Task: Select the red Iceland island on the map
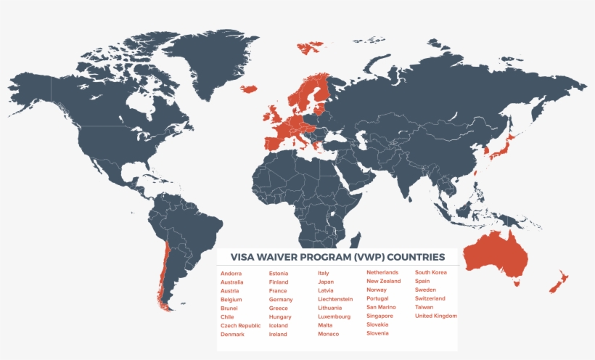pyautogui.click(x=249, y=89)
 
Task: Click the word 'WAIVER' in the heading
pyautogui.click(x=288, y=257)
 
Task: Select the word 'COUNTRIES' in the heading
pyautogui.click(x=416, y=257)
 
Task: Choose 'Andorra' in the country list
pyautogui.click(x=231, y=273)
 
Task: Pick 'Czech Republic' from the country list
pyautogui.click(x=240, y=326)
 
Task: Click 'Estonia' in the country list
pyautogui.click(x=278, y=273)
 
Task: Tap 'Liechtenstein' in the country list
pyautogui.click(x=335, y=299)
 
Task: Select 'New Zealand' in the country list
pyautogui.click(x=383, y=281)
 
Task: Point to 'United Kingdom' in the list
pyautogui.click(x=435, y=316)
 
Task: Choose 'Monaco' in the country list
pyautogui.click(x=328, y=334)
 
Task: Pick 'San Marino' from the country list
pyautogui.click(x=381, y=307)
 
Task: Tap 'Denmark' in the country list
pyautogui.click(x=232, y=335)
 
